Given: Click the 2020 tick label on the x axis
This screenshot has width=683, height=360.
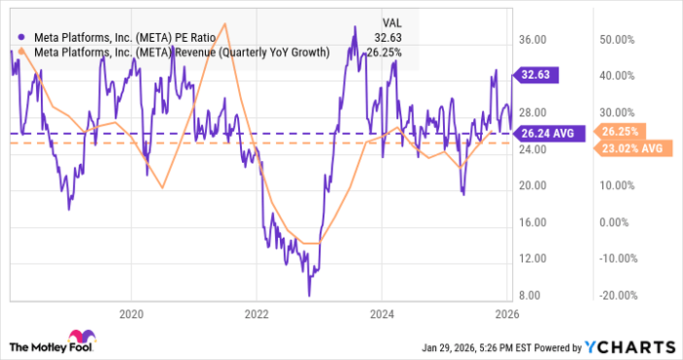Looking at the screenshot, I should tap(131, 314).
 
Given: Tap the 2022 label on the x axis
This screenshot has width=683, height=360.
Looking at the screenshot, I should tap(256, 314).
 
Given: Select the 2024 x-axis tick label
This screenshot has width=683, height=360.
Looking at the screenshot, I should tap(382, 314).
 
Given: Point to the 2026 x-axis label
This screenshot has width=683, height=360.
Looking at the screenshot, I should tap(506, 314).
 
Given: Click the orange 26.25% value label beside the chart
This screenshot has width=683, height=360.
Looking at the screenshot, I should tap(620, 131).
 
